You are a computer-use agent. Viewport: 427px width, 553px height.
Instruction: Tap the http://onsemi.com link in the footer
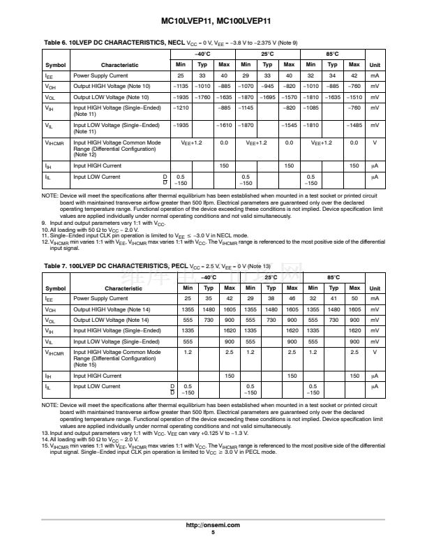[213, 525]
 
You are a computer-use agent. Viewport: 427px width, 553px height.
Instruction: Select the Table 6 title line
[171, 43]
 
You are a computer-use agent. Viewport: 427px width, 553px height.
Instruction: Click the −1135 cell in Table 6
[181, 86]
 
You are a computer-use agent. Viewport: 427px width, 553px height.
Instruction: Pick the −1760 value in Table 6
[202, 97]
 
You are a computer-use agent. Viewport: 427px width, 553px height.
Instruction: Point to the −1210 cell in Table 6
[181, 108]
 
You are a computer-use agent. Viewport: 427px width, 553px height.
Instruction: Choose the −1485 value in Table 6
[354, 125]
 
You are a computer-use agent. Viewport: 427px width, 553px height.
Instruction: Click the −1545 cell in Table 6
[289, 125]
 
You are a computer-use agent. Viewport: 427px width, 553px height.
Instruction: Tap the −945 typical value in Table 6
[267, 86]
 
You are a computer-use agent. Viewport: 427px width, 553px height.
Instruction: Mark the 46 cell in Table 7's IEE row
[292, 298]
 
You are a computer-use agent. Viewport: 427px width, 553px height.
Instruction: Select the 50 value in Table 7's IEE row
[354, 298]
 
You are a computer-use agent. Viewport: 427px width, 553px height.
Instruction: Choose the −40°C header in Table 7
[208, 277]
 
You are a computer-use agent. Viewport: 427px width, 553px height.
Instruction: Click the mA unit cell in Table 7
[375, 298]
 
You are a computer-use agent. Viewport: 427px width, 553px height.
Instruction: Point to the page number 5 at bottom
[213, 532]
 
